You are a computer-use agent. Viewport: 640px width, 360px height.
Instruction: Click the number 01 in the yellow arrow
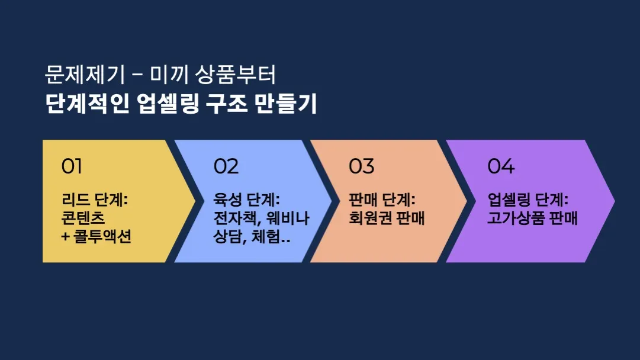[x=72, y=166]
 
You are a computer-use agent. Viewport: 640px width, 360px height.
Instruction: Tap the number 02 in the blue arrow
[x=226, y=166]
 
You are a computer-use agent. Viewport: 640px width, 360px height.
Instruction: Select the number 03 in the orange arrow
[x=362, y=166]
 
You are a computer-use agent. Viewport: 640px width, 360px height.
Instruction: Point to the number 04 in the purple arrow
[x=501, y=166]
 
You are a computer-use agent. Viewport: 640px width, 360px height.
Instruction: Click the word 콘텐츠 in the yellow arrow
[x=83, y=218]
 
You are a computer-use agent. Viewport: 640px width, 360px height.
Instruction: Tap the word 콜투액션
[x=102, y=236]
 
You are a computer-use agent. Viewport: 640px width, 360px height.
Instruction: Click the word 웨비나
[x=288, y=218]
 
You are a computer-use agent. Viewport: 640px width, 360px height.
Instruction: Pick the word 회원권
[x=371, y=218]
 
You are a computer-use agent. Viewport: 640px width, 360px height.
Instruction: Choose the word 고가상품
[x=516, y=218]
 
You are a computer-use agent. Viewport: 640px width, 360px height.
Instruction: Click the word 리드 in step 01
[x=76, y=200]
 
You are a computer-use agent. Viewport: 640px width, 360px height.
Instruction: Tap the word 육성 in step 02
[x=228, y=200]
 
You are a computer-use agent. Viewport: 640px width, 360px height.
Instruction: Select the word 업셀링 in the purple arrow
[x=509, y=200]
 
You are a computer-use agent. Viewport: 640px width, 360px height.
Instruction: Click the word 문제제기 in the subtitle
[x=85, y=75]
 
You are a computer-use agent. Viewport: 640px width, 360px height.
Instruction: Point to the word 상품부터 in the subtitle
[x=236, y=75]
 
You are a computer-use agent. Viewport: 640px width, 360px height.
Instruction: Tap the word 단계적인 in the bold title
[x=88, y=104]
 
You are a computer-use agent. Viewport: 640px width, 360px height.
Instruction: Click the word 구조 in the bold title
[x=227, y=104]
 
